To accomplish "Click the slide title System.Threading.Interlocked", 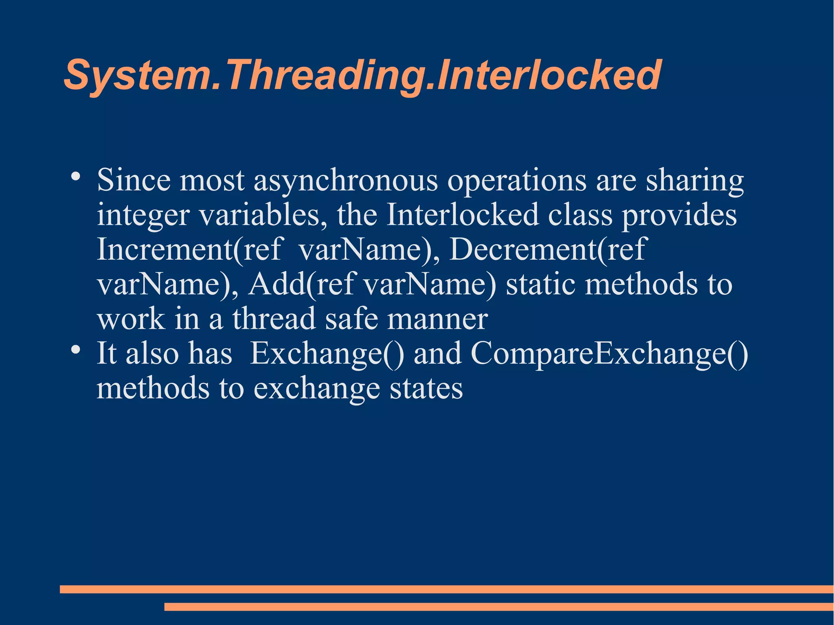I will tap(362, 75).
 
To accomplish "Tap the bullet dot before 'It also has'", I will tap(75, 350).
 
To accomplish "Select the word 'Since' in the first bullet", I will tap(134, 180).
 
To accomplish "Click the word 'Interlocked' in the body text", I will tap(462, 215).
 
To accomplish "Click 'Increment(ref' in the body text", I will tap(189, 249).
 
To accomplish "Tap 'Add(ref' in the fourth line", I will tap(301, 284).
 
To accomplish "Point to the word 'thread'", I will tap(274, 318).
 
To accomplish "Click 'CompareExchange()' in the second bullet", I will tap(609, 353).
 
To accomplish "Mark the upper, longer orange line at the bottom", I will tap(446, 589).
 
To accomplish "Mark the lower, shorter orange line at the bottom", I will tap(498, 607).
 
